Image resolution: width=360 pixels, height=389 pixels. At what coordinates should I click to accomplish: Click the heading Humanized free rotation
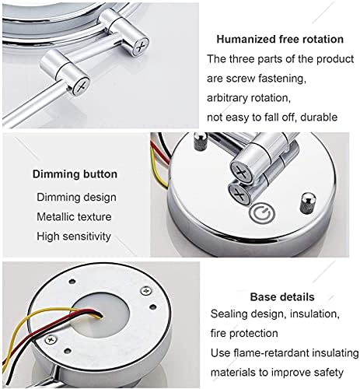click(x=280, y=40)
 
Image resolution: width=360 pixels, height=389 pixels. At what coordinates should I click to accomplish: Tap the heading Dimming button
click(x=75, y=174)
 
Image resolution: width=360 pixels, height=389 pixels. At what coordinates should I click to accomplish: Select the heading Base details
click(x=282, y=297)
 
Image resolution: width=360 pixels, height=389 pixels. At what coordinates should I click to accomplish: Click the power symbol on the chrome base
click(x=262, y=214)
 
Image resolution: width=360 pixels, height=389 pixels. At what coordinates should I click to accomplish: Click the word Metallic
click(x=56, y=217)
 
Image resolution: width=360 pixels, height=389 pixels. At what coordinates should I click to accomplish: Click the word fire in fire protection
click(x=218, y=333)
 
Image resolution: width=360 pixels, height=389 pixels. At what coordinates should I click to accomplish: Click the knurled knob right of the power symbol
click(x=308, y=203)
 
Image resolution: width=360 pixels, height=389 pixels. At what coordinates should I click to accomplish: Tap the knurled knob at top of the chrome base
click(x=201, y=142)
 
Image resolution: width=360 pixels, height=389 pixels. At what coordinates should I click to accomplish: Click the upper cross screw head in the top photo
click(x=140, y=47)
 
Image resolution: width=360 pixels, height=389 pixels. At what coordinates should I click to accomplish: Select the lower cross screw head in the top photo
click(x=81, y=86)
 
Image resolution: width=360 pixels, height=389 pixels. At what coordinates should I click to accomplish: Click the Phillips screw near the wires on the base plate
click(x=51, y=339)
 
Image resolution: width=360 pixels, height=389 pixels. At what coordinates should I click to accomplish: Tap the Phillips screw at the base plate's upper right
click(x=146, y=291)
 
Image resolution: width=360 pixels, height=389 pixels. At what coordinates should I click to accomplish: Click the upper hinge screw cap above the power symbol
click(x=242, y=172)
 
